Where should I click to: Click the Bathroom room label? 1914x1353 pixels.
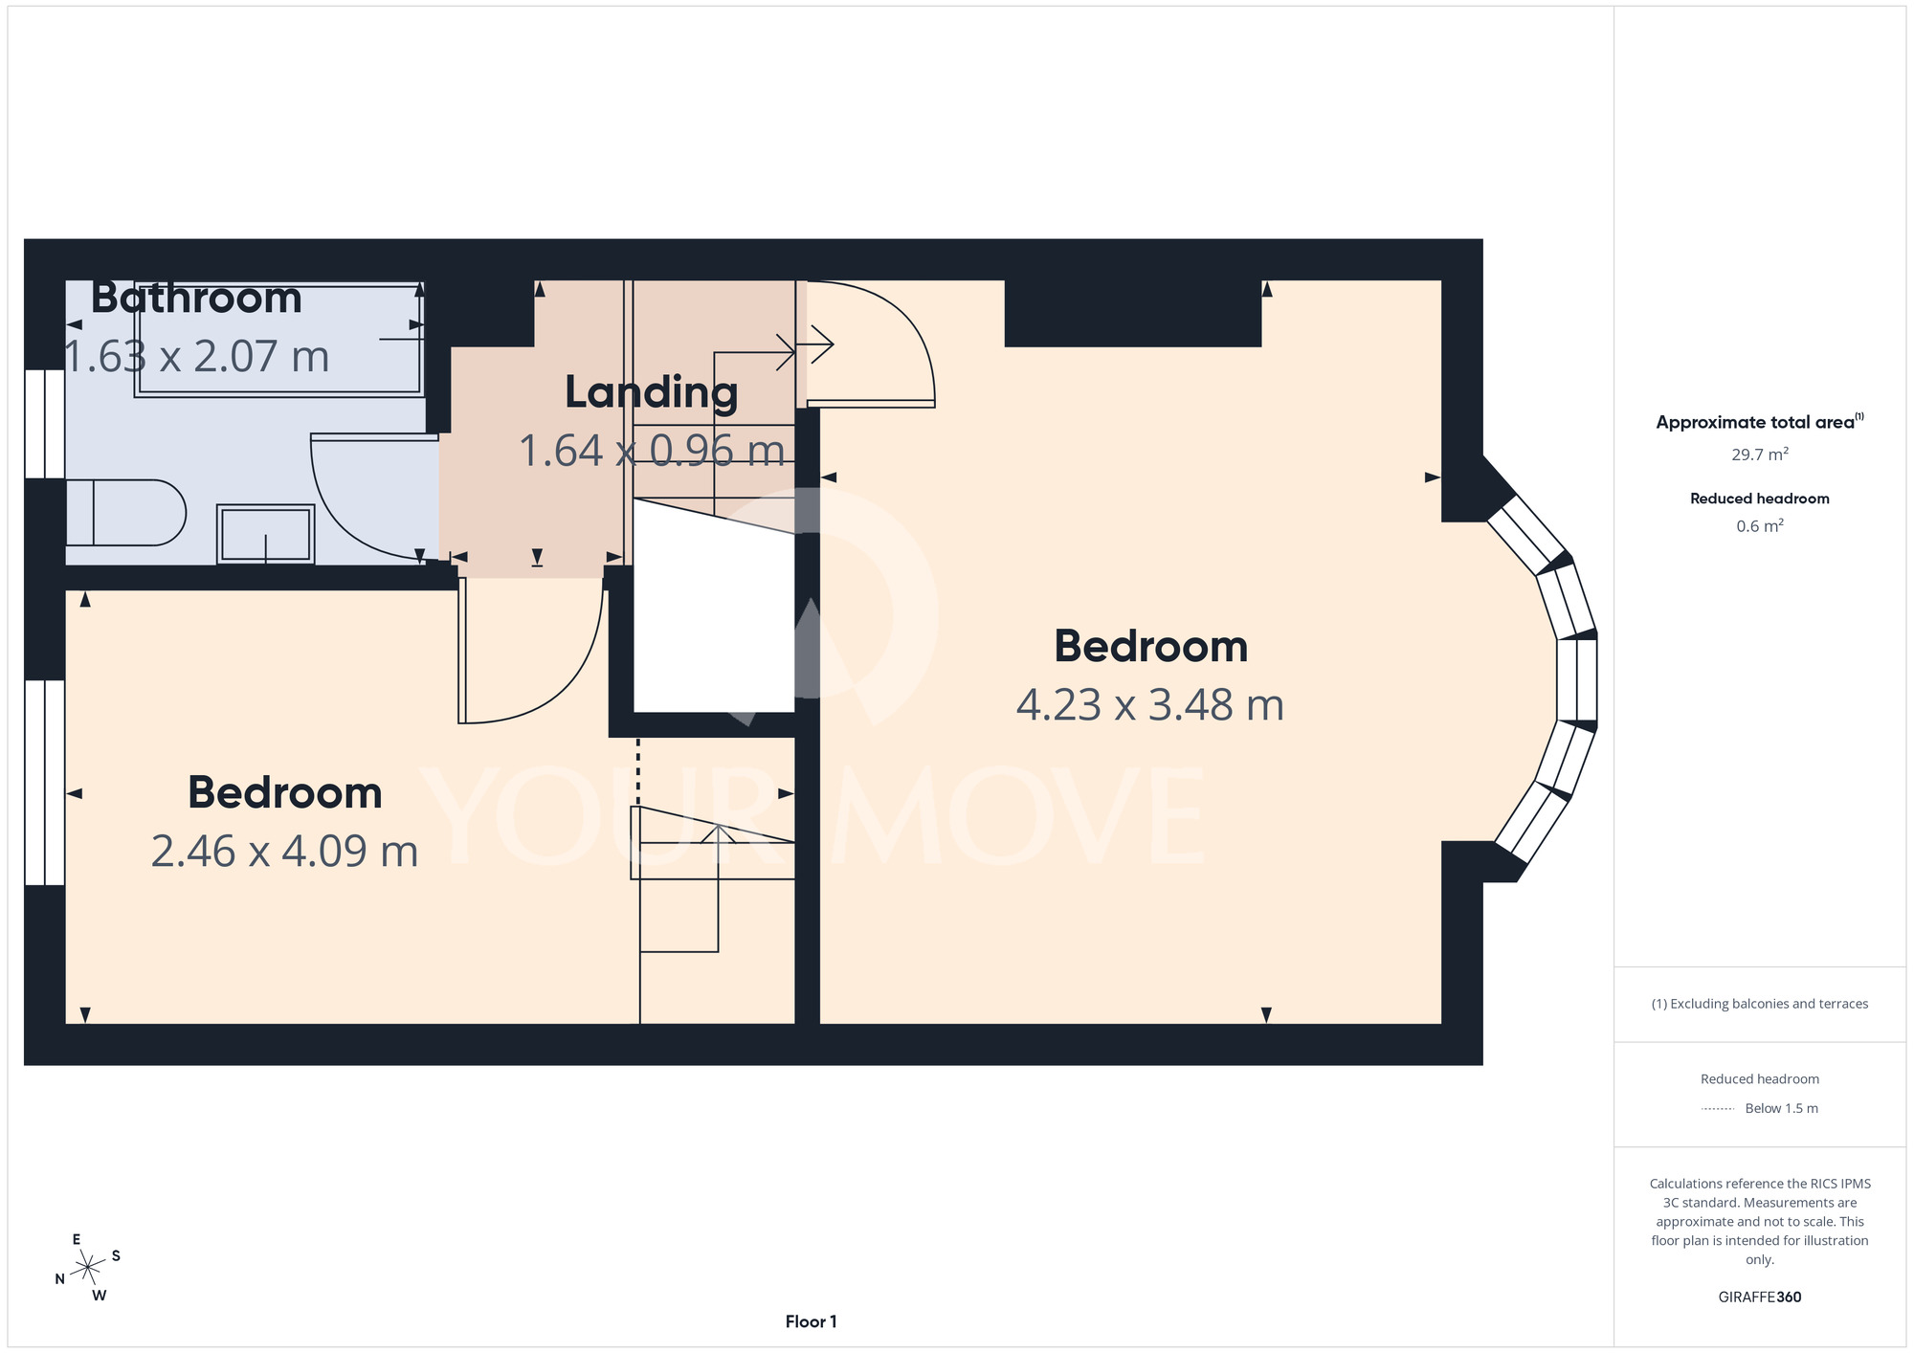[x=196, y=298]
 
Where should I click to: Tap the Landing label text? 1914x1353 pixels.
[x=652, y=392]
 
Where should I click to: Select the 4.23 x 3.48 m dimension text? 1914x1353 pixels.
[x=1150, y=705]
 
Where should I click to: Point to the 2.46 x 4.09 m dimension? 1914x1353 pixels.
[x=285, y=852]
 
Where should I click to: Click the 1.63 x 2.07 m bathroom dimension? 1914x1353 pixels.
[x=196, y=357]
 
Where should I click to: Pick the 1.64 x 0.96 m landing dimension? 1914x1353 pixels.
[x=652, y=451]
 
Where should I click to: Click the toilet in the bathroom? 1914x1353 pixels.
[x=125, y=513]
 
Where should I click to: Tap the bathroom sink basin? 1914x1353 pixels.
[x=266, y=534]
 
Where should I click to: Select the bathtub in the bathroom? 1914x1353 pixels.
[x=279, y=339]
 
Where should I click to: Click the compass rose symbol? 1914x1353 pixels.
[x=88, y=1268]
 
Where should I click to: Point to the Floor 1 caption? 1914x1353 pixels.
[x=812, y=1321]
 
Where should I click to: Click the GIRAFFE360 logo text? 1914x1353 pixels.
[x=1760, y=1298]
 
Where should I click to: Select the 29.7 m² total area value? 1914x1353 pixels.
[x=1760, y=454]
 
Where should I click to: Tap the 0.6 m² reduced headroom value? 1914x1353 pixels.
[x=1760, y=525]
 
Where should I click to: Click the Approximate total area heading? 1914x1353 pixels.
[x=1760, y=422]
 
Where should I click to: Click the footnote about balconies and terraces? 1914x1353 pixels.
[x=1760, y=1004]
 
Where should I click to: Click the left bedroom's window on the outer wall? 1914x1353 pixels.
[x=45, y=783]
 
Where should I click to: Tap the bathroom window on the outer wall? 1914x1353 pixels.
[x=45, y=424]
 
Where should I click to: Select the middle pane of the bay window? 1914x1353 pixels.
[x=1577, y=679]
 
